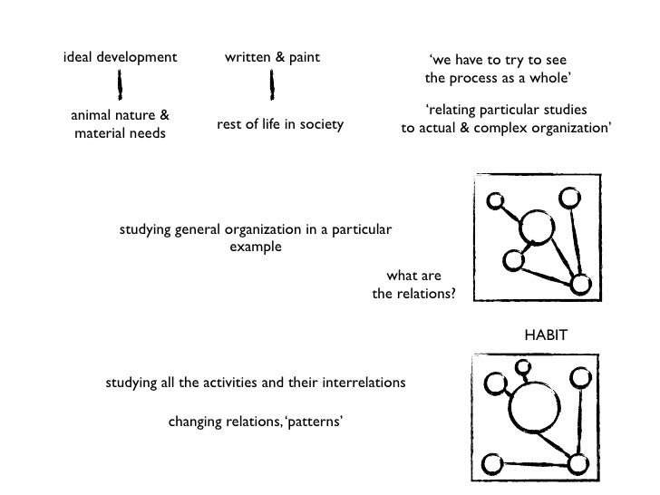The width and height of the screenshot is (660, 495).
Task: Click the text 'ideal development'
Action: (121, 58)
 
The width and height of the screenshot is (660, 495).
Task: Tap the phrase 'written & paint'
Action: (272, 58)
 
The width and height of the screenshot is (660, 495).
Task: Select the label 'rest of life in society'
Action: (279, 124)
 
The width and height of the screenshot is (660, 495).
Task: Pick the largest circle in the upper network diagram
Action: (537, 228)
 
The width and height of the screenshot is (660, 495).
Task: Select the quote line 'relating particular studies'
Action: (506, 110)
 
